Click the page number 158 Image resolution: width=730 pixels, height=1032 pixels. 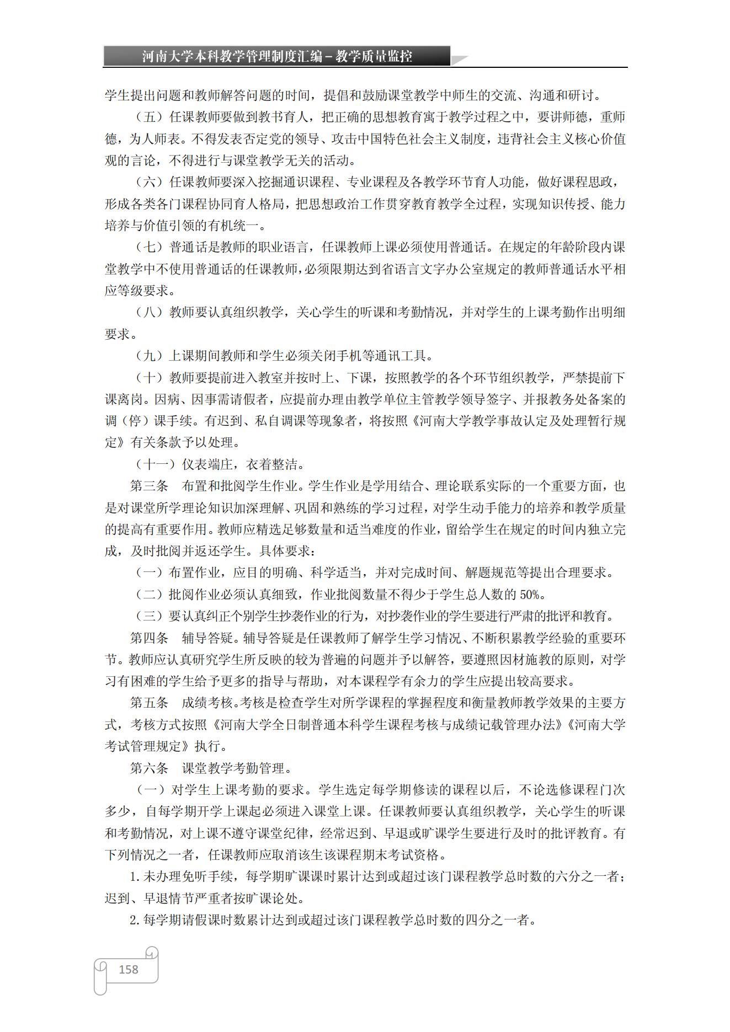tap(128, 969)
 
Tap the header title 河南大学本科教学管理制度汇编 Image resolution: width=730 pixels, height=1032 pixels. tap(231, 56)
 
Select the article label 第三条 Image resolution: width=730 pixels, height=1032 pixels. tap(149, 486)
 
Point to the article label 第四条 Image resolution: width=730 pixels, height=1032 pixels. tap(149, 638)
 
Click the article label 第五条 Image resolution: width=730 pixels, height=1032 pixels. tap(149, 703)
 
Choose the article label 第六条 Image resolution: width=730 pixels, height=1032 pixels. tap(149, 768)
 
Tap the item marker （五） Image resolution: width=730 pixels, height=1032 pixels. tap(149, 117)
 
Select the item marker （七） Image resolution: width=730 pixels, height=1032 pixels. tap(149, 247)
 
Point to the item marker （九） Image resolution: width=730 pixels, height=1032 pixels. tap(149, 356)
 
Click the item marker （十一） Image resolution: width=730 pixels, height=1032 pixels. tap(156, 464)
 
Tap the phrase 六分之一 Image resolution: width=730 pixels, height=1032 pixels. tap(581, 876)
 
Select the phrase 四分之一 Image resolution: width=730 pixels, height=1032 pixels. tap(491, 920)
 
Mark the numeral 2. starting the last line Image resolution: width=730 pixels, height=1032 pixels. tap(135, 920)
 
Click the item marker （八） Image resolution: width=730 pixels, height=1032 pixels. tap(149, 312)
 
